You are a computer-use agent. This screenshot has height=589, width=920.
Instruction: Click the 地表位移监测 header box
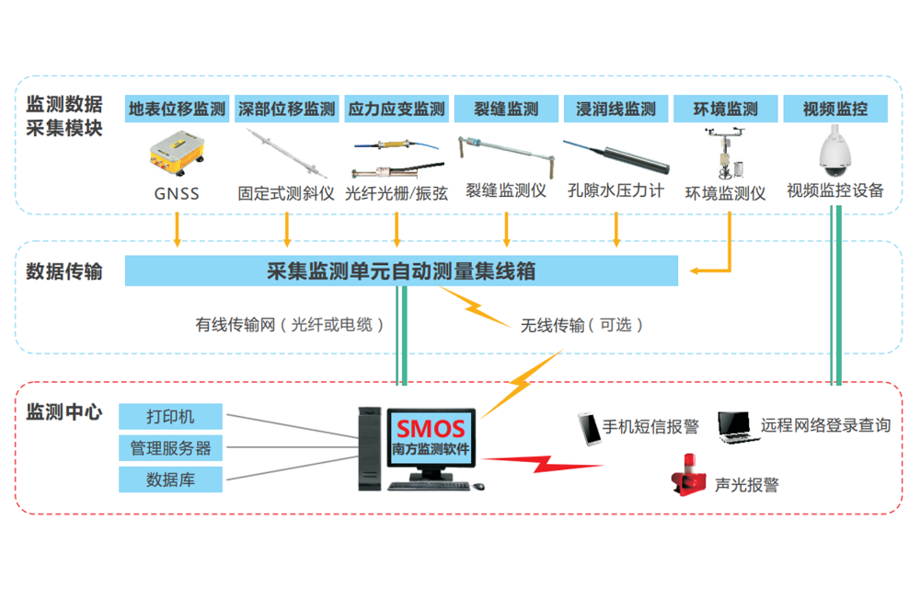177,109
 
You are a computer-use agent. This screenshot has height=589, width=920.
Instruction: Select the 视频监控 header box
835,109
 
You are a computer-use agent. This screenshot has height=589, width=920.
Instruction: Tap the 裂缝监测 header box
506,109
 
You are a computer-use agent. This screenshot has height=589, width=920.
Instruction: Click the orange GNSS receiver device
178,154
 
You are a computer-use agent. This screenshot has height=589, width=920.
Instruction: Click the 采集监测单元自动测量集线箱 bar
401,271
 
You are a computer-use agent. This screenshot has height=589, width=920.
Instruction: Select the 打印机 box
170,416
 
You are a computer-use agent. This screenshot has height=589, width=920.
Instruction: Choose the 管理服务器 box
170,448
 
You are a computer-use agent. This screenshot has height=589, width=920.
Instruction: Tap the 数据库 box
170,479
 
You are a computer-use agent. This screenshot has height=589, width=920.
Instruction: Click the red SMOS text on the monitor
431,428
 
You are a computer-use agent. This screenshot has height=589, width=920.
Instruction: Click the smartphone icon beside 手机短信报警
588,428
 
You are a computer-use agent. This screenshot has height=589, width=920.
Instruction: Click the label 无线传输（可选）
581,325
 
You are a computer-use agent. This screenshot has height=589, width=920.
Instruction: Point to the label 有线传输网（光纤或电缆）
290,325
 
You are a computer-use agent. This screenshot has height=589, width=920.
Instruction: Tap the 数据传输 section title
63,271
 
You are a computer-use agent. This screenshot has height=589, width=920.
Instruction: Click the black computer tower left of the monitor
368,448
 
